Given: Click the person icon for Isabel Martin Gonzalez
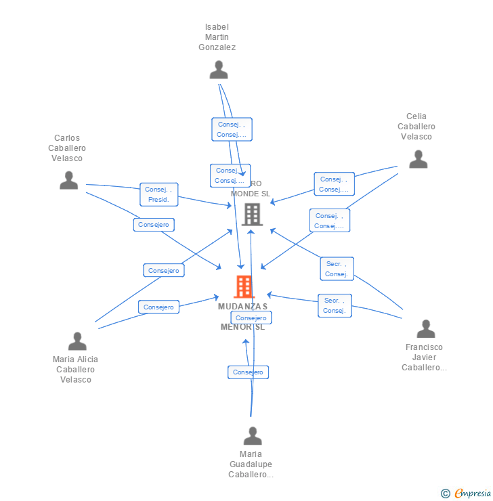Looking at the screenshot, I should (x=218, y=70).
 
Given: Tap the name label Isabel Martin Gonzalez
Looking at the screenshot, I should (x=217, y=37).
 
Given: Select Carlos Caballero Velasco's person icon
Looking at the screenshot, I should (x=68, y=180).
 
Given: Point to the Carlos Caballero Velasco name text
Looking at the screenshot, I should (x=67, y=148).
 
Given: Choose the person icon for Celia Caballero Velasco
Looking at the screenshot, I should (x=418, y=158).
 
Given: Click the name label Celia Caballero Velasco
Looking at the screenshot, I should (x=416, y=127).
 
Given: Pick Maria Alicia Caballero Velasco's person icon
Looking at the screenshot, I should (x=77, y=341).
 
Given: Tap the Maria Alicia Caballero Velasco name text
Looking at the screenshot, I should (x=75, y=369).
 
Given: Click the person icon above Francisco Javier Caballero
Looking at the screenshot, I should (x=425, y=328).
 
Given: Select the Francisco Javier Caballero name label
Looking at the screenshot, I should (x=424, y=357).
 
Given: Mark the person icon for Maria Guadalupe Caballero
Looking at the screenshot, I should (x=253, y=435).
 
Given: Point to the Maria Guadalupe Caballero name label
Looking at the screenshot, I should (x=251, y=464).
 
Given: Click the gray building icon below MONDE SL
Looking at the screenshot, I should (x=252, y=215).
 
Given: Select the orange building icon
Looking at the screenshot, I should (x=244, y=286).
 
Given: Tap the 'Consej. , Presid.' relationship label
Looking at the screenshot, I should (x=160, y=195).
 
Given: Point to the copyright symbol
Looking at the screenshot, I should (x=446, y=494).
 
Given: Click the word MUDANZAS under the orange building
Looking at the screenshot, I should (x=242, y=307).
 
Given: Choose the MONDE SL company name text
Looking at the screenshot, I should (x=250, y=194).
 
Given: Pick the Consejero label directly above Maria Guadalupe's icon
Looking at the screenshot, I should (x=248, y=372).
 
